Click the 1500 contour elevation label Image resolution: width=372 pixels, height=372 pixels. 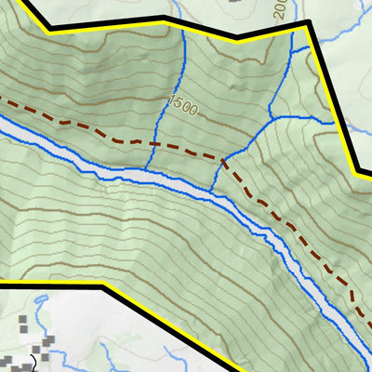[184, 108]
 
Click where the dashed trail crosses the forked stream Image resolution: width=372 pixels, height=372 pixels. [224, 159]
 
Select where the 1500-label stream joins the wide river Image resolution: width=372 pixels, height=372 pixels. [146, 173]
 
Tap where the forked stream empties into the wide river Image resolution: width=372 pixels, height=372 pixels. [211, 191]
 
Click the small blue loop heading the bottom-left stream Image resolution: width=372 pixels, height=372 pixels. [42, 299]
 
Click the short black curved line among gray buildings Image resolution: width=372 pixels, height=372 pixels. [33, 360]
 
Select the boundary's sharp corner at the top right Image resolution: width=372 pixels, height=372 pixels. [308, 28]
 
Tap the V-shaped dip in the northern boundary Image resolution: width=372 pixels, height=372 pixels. [236, 38]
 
